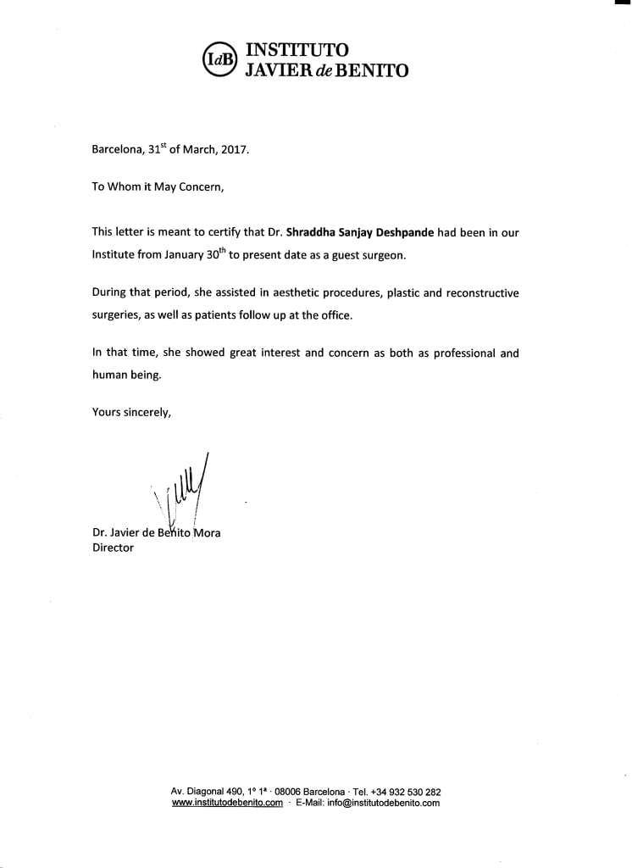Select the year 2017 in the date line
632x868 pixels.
pos(235,150)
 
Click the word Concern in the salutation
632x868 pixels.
pos(201,188)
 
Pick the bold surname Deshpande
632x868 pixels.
pos(398,231)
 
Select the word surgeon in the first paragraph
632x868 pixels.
pos(370,254)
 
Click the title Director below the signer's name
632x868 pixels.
pos(113,548)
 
